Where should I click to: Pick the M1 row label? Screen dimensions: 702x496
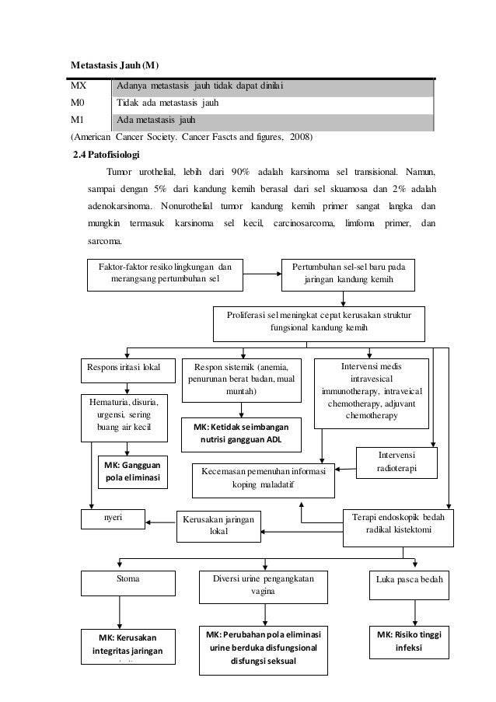coord(79,120)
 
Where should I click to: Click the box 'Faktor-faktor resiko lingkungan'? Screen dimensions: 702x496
coord(164,271)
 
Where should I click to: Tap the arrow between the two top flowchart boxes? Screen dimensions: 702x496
coord(265,272)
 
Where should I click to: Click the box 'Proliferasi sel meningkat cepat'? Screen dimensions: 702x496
coord(325,322)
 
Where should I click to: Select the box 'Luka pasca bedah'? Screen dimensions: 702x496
coord(409,579)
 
